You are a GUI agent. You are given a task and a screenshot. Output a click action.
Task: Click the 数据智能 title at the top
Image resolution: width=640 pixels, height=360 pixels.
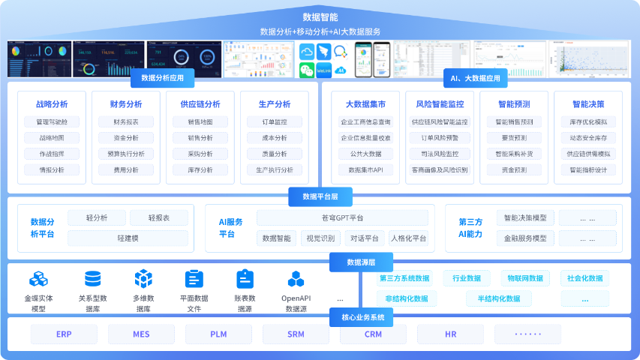320,16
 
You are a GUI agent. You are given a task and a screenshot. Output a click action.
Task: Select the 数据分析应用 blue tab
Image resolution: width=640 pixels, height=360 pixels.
163,78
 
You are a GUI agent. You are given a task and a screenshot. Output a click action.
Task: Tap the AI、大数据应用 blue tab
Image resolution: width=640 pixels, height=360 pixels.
475,78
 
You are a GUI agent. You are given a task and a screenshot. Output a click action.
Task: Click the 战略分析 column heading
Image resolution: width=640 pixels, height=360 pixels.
51,104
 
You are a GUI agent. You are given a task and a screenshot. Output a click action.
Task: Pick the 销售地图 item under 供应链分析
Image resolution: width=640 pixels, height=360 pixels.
200,122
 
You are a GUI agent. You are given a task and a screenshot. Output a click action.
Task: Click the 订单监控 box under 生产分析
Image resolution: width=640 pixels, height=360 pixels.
275,122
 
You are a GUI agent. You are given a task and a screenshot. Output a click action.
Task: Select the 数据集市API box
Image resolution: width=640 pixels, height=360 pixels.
365,170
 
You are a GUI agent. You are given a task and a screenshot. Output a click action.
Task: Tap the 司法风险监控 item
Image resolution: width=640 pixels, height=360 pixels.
440,154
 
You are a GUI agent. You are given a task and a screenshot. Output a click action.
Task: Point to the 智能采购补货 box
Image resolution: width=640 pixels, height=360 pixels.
514,154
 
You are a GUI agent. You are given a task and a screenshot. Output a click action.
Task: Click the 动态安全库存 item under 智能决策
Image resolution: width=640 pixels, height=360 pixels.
588,138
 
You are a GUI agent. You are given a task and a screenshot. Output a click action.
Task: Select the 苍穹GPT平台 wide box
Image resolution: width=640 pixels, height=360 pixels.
342,218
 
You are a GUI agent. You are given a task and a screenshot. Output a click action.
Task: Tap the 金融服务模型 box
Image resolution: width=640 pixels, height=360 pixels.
525,238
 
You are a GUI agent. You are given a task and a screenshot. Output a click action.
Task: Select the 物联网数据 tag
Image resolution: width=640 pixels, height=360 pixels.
524,278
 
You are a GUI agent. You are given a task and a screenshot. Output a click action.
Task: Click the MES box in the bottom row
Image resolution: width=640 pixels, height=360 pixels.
141,334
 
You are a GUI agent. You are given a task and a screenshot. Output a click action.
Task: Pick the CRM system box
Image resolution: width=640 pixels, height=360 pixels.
373,334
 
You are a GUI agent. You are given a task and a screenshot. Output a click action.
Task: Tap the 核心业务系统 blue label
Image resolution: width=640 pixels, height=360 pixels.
362,318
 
